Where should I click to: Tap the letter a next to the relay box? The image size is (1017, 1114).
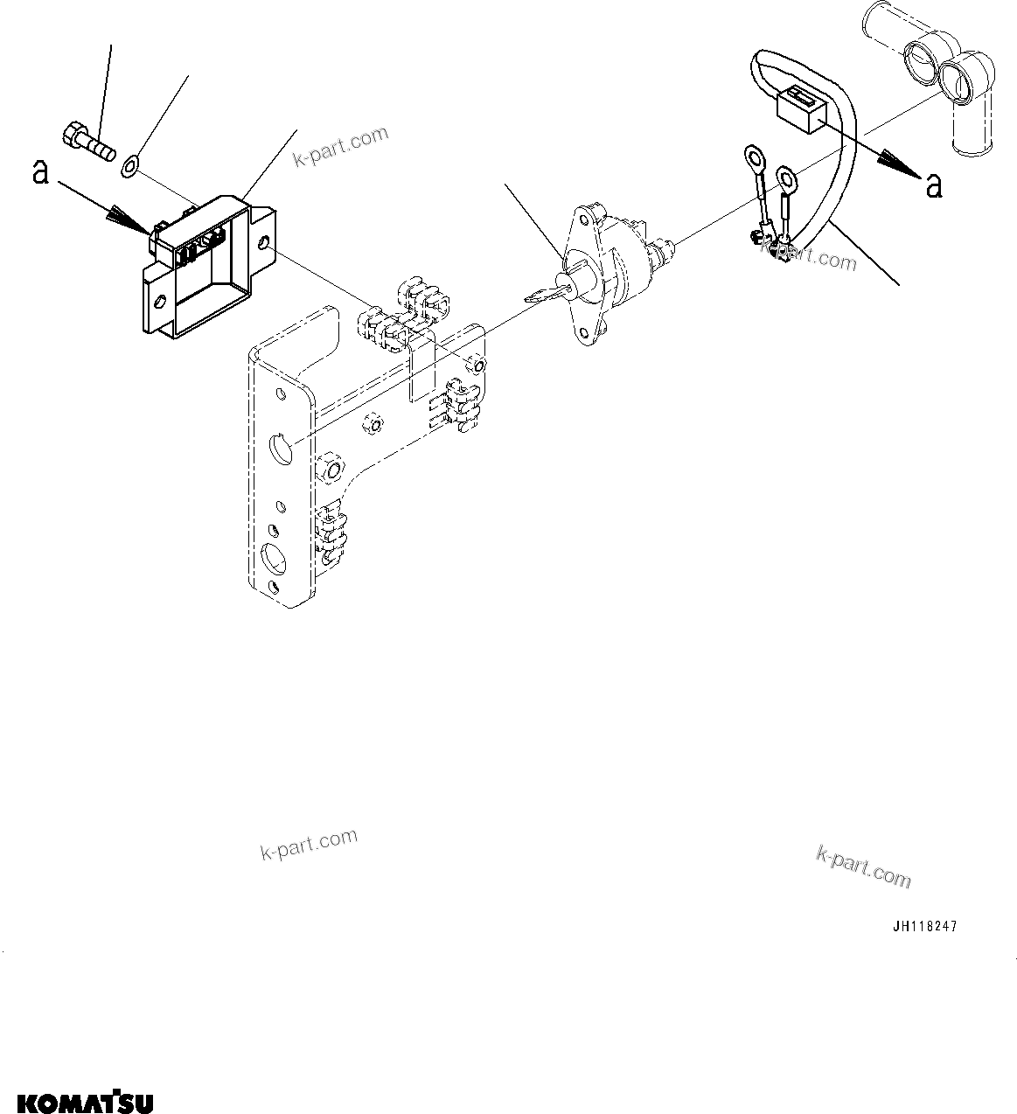tap(39, 173)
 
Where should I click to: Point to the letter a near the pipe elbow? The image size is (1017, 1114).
tap(934, 185)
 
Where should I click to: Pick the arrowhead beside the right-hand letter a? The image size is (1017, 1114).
tap(896, 163)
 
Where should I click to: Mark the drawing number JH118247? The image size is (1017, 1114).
tap(924, 927)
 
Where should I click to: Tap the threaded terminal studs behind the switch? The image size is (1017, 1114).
tap(665, 248)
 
